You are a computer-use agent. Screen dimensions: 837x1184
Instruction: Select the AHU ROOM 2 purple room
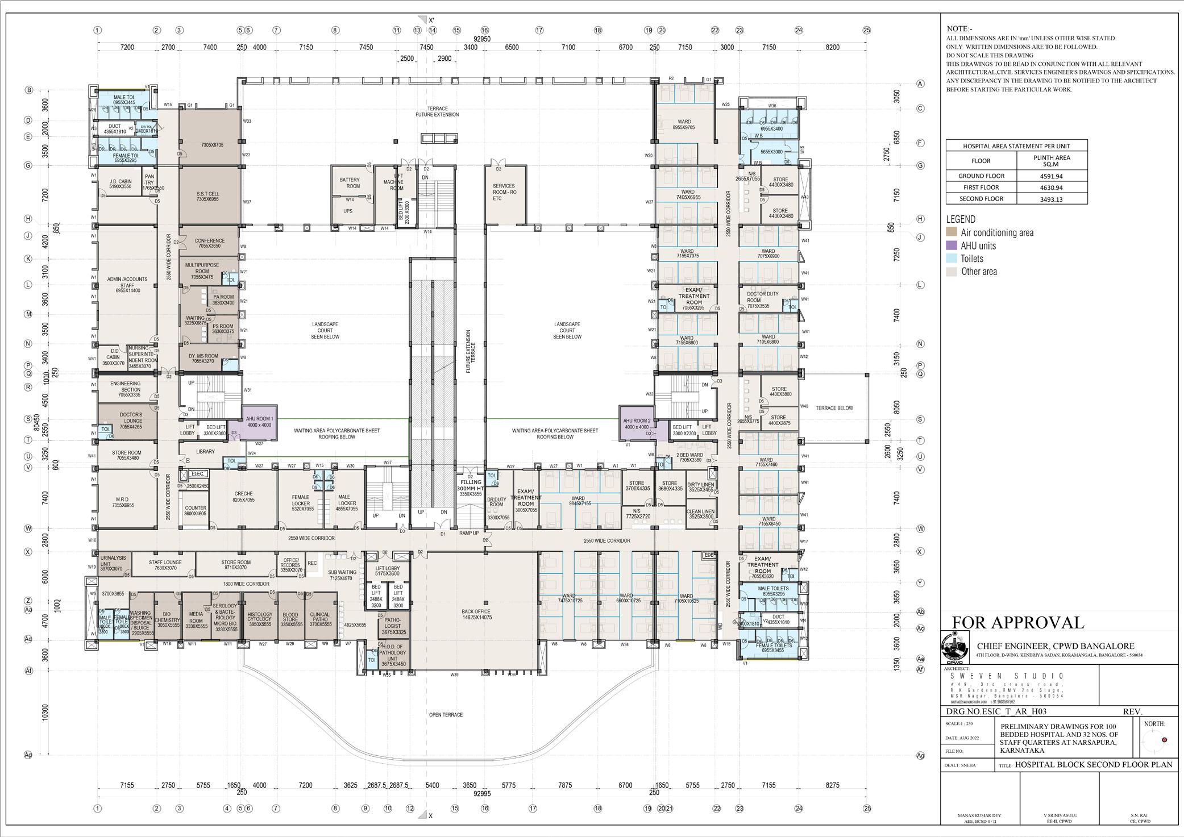click(x=636, y=423)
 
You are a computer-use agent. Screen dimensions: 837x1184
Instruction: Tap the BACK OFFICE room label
click(x=476, y=614)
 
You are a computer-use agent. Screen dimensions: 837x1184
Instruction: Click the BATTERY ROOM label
click(x=350, y=183)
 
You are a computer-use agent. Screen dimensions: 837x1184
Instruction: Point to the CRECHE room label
click(x=243, y=496)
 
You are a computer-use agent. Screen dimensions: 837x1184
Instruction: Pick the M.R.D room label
click(x=123, y=502)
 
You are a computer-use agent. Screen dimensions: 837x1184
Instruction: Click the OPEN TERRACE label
click(x=446, y=715)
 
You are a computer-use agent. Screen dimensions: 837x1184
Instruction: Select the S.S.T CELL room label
click(x=207, y=197)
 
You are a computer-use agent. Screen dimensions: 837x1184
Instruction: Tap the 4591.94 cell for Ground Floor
click(x=1052, y=176)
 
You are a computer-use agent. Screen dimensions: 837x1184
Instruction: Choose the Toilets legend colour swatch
click(x=951, y=259)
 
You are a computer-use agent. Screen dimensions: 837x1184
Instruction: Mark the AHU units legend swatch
click(x=951, y=245)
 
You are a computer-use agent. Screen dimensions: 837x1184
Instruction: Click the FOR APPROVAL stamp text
click(x=1017, y=623)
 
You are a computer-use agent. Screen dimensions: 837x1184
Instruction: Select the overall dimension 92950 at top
click(x=482, y=39)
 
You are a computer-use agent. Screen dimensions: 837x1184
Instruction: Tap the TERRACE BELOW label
click(x=834, y=408)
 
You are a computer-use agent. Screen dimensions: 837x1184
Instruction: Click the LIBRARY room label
click(x=205, y=452)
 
